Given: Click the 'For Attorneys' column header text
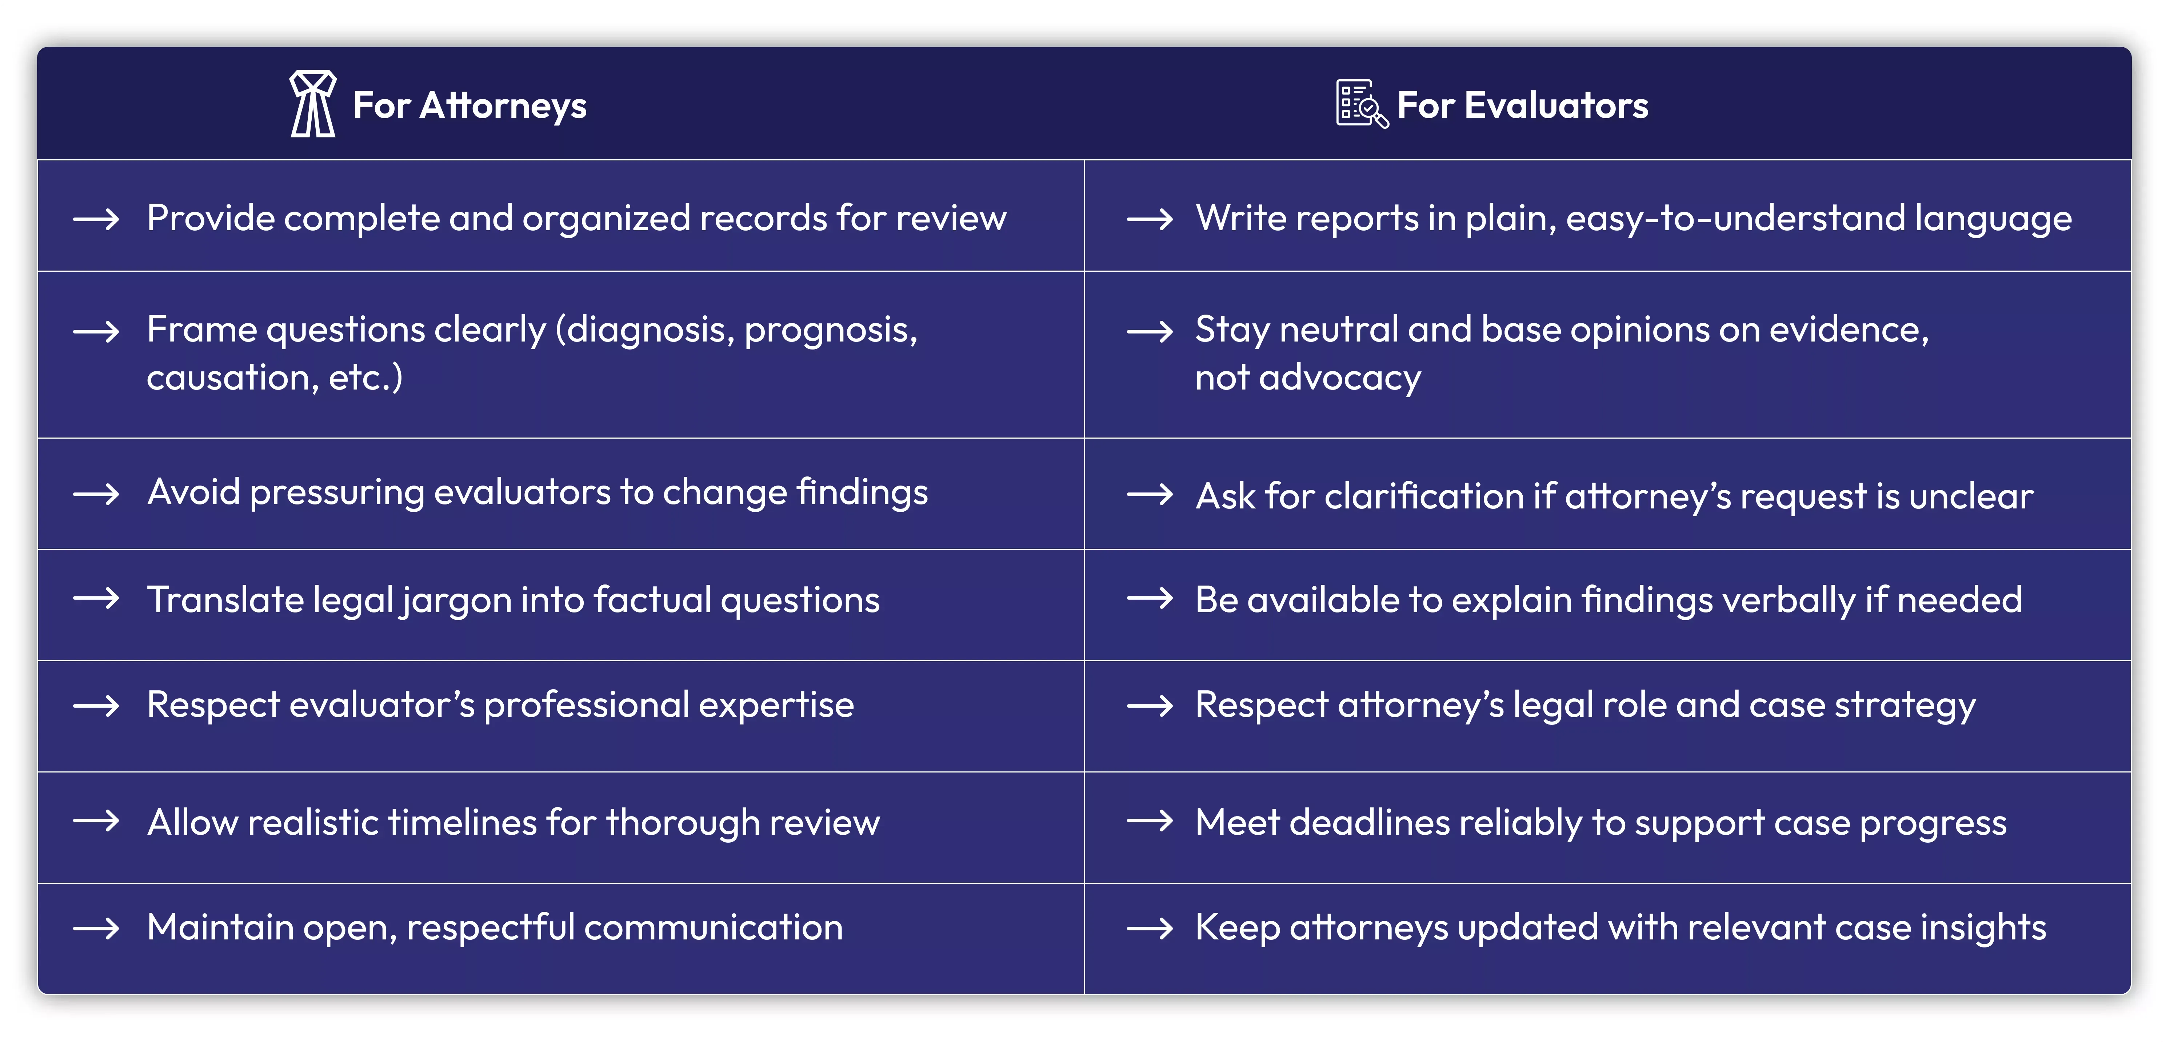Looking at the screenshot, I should (x=469, y=105).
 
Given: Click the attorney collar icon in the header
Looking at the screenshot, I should (x=312, y=104).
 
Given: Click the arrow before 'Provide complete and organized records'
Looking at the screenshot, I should (x=96, y=219).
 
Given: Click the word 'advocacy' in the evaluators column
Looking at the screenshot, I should (x=1339, y=378).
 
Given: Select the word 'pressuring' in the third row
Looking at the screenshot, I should (x=337, y=493).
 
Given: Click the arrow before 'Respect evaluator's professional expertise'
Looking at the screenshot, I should (x=96, y=705).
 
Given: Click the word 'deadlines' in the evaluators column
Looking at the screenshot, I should (x=1369, y=822).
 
